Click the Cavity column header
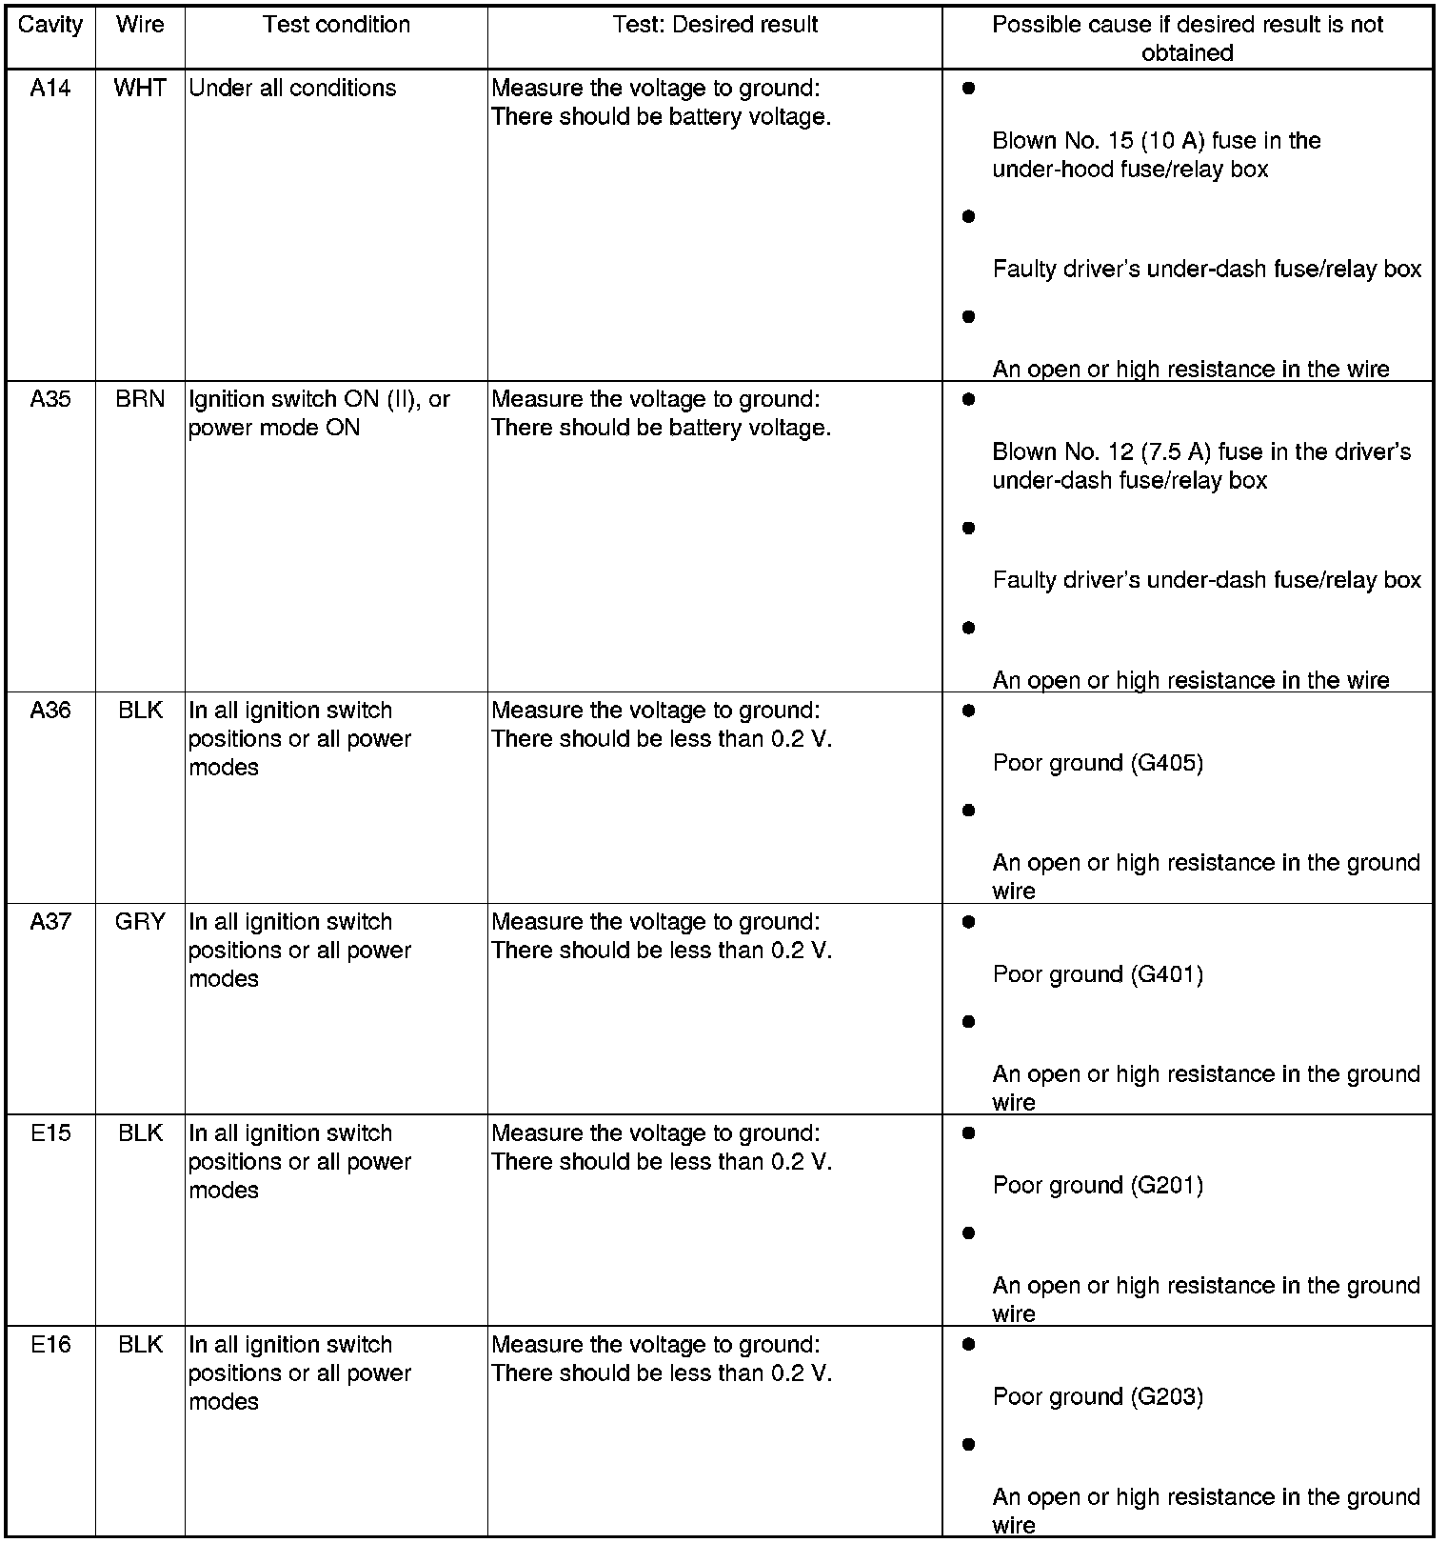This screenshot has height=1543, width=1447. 50,26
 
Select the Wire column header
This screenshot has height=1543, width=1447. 140,26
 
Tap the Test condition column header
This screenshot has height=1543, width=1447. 336,26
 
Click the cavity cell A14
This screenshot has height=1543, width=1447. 50,89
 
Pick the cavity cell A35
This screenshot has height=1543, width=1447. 50,400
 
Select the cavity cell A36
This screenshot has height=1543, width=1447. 50,711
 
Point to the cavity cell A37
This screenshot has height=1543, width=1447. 50,922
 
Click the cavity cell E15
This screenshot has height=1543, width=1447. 50,1133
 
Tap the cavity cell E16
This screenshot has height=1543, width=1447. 50,1345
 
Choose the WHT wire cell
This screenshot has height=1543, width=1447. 140,89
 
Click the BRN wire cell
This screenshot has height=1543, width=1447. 140,400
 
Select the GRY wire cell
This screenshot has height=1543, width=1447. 140,922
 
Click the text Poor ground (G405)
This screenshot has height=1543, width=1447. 1098,763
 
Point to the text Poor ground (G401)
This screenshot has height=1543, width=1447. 1098,974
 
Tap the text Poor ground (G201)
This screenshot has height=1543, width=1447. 1098,1186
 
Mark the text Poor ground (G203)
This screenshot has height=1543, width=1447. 1098,1397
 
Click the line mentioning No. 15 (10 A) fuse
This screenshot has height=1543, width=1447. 1156,142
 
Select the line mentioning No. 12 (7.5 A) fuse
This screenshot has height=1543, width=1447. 1200,452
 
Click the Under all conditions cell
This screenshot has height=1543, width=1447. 292,89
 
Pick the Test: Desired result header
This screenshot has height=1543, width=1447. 715,26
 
